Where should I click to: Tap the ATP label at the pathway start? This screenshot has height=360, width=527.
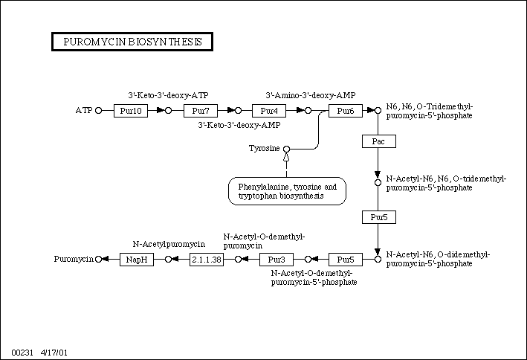83,111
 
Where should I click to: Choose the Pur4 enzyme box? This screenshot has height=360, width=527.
269,111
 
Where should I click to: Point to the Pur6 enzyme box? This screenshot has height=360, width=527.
345,111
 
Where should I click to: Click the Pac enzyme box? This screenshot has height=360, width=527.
378,141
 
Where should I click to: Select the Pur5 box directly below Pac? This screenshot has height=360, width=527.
378,217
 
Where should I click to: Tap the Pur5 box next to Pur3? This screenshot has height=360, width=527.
345,260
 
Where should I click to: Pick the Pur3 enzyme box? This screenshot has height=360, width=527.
277,260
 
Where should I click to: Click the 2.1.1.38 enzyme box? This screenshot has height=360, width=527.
207,260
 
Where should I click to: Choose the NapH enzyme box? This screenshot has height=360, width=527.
137,260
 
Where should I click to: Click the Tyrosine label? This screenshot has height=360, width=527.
264,149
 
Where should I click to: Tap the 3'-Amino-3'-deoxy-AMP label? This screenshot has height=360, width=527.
310,95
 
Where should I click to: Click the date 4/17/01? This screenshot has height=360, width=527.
54,350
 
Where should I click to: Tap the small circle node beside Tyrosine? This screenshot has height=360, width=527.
286,149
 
